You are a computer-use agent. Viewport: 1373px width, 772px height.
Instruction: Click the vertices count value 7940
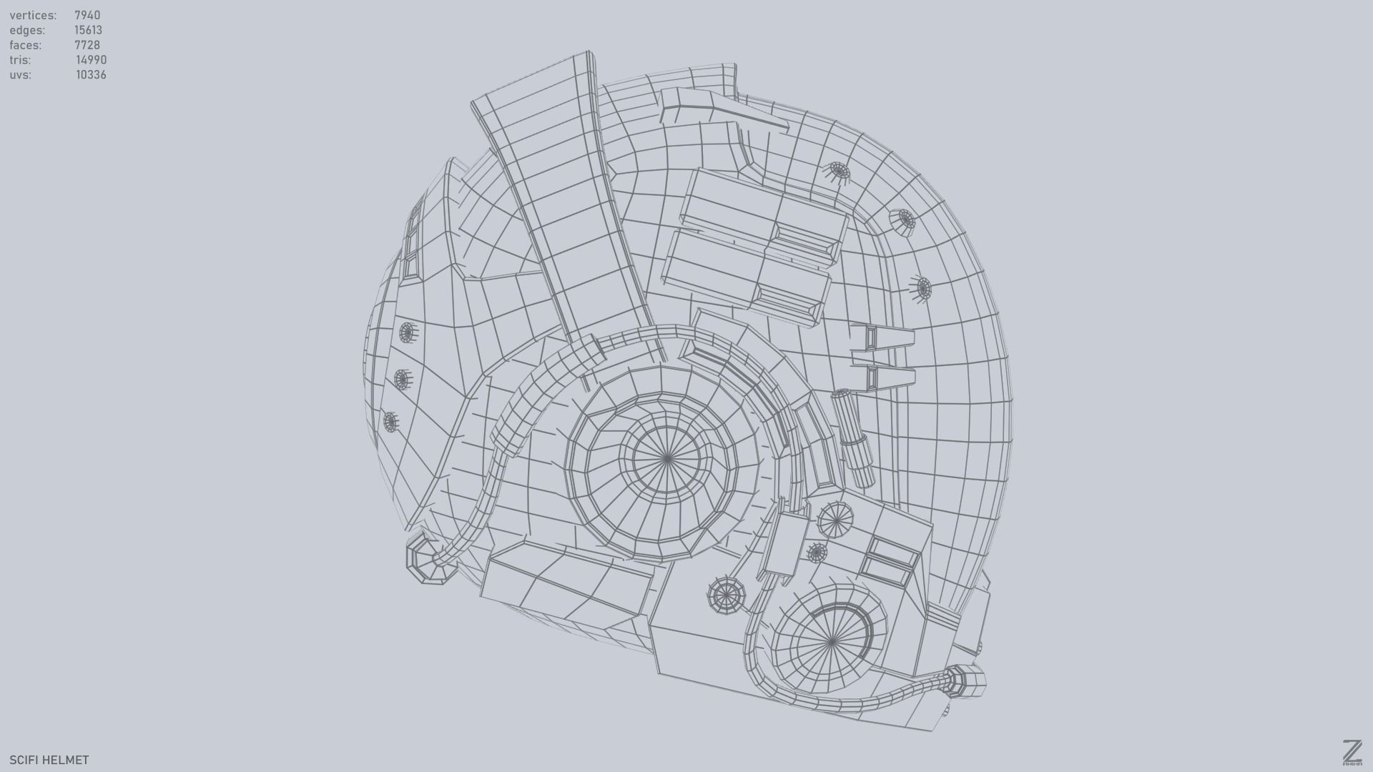87,15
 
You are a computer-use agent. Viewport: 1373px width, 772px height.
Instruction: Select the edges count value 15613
88,30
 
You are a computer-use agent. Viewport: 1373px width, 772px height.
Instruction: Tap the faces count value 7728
87,45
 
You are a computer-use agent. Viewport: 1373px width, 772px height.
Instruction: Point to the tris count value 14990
91,60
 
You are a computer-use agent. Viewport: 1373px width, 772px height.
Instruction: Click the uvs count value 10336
91,75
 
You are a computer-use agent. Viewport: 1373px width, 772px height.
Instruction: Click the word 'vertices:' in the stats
33,15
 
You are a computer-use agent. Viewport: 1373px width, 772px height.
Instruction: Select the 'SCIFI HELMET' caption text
49,760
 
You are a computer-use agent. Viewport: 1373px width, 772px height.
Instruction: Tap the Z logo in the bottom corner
1352,752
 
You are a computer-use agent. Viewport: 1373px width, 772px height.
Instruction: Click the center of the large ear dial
666,458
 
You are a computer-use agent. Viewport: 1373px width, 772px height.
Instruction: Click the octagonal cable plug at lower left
430,562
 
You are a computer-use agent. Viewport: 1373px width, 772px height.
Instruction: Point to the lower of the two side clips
881,378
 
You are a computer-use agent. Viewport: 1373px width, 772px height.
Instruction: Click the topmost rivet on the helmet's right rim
839,171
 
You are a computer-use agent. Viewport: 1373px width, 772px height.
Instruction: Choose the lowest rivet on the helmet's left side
390,422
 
